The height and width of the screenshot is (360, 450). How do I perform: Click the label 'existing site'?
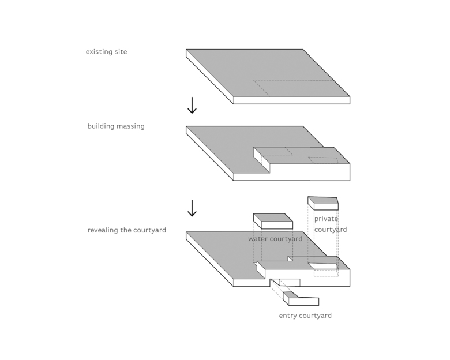[106, 52]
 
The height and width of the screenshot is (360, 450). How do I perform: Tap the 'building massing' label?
[116, 126]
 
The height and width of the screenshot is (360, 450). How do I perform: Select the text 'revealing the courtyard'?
[127, 230]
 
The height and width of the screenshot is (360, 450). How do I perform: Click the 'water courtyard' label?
[275, 239]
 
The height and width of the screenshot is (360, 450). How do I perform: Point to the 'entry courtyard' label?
[305, 316]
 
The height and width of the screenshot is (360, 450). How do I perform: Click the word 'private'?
[326, 219]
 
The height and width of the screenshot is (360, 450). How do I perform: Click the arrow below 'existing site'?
[192, 105]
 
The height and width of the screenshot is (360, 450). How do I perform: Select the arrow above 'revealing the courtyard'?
[192, 208]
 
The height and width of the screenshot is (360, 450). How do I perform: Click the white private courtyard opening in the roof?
[322, 266]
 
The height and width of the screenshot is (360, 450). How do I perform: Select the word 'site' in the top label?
[121, 52]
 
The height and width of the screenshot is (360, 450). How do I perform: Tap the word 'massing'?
[131, 126]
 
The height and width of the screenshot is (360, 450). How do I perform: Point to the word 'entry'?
[288, 316]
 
